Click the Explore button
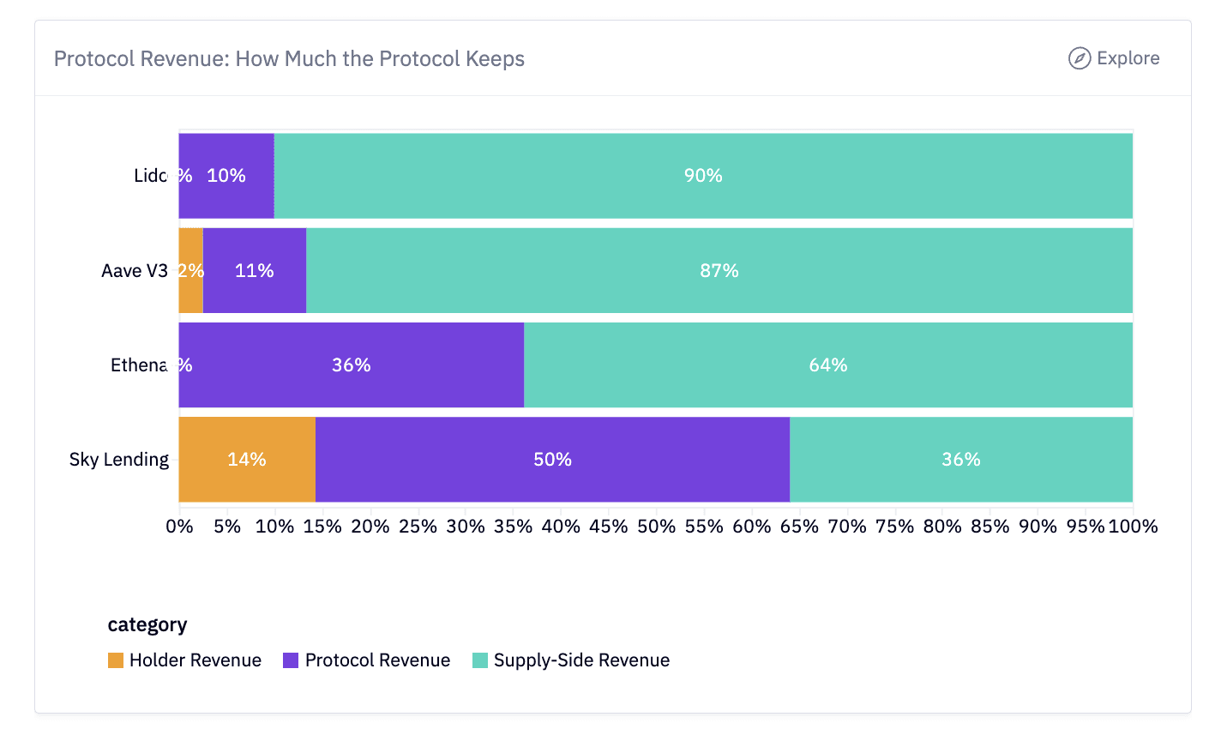[1114, 58]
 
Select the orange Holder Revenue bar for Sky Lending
[247, 460]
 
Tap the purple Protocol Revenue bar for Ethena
[352, 365]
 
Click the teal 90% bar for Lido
[703, 176]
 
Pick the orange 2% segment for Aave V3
[190, 271]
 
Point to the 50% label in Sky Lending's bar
[552, 460]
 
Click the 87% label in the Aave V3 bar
[719, 271]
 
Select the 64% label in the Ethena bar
[828, 365]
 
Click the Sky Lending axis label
[119, 460]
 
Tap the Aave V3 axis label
[135, 271]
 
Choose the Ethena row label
[139, 365]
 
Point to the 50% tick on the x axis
[656, 526]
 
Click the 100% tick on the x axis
[1133, 526]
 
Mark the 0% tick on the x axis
[179, 526]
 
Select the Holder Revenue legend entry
[184, 660]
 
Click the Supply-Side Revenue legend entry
[571, 660]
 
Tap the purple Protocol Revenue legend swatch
[291, 660]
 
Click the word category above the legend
[147, 624]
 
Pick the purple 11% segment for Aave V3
[255, 271]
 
